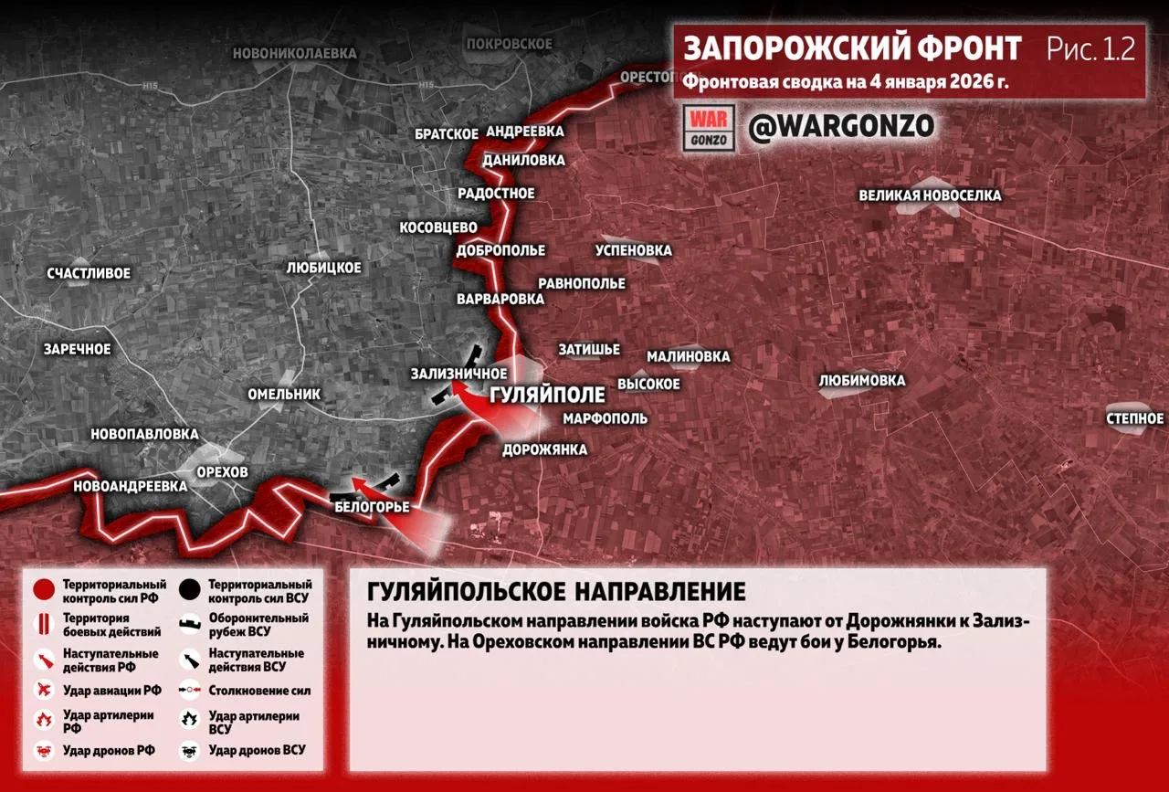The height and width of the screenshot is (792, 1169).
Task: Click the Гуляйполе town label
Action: [x=548, y=395]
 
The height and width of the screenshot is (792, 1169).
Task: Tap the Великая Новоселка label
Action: [x=930, y=195]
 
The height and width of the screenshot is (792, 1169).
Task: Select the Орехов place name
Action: [x=222, y=471]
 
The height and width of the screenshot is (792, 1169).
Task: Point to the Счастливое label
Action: [x=89, y=273]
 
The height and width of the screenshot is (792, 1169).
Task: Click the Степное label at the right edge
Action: [x=1135, y=418]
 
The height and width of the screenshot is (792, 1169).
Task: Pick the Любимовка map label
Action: [x=862, y=380]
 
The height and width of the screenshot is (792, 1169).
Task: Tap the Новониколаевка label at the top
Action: [x=294, y=53]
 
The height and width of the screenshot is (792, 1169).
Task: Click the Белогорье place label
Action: [x=372, y=506]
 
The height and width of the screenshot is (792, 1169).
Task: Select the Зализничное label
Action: [x=458, y=373]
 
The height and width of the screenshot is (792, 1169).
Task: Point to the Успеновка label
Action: [x=633, y=250]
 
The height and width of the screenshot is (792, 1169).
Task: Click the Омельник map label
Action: [x=284, y=394]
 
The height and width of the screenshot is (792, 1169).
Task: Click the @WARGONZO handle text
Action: [x=841, y=126]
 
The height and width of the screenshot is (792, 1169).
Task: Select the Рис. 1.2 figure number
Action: [x=1090, y=48]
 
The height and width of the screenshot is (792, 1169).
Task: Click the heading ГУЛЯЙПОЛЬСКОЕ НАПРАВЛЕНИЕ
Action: [x=556, y=590]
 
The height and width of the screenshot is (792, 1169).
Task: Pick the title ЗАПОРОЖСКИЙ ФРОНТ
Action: [x=852, y=48]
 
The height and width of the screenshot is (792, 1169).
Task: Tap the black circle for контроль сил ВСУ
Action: [x=191, y=590]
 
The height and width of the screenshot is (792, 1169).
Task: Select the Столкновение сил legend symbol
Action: [x=191, y=692]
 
